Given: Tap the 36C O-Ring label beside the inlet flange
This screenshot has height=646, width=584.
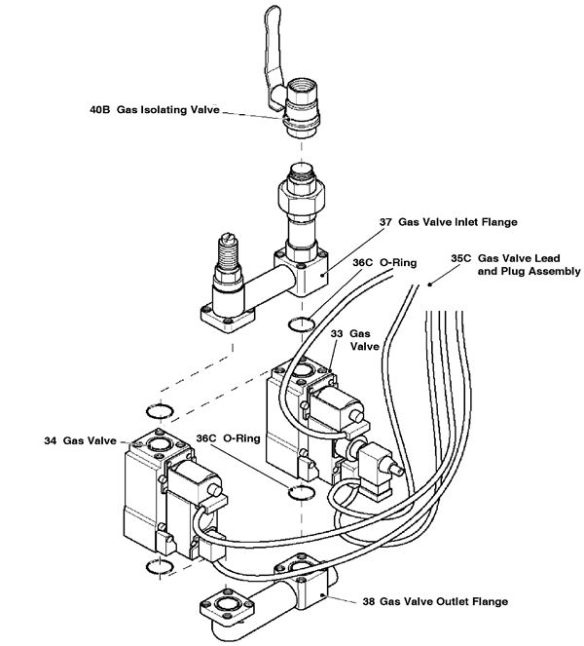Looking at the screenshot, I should click(376, 262).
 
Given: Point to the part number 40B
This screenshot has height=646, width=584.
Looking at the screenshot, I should click(94, 110).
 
